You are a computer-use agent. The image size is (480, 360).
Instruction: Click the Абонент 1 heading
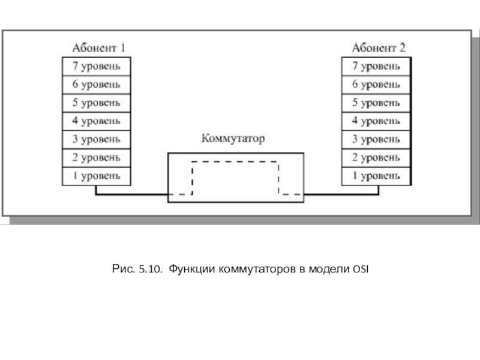[x=98, y=48]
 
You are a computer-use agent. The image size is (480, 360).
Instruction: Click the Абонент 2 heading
[x=379, y=48]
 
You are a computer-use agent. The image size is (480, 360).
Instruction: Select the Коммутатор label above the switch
[x=233, y=139]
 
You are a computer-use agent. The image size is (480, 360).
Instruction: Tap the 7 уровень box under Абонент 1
[x=97, y=66]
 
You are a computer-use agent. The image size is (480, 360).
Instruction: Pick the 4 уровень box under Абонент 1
[x=97, y=121]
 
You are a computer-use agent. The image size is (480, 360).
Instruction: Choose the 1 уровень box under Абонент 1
[x=97, y=176]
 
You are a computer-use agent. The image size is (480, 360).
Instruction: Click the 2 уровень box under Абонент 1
[x=97, y=158]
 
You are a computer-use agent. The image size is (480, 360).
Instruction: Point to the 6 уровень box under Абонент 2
[x=376, y=85]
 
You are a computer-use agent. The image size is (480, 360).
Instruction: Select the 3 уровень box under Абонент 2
[x=376, y=140]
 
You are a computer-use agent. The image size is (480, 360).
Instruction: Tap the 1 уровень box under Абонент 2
[x=376, y=176]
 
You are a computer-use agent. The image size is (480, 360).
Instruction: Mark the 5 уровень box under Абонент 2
[x=376, y=103]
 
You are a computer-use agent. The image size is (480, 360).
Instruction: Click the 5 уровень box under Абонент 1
[x=97, y=103]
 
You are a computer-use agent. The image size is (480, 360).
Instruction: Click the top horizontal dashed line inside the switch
[x=235, y=161]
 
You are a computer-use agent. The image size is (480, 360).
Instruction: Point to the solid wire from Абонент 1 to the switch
[x=132, y=194]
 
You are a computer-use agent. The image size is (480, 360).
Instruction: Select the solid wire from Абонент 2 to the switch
[x=341, y=194]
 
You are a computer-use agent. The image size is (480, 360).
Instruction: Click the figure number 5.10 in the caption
[x=151, y=269]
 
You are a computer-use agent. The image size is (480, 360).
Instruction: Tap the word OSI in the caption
[x=361, y=269]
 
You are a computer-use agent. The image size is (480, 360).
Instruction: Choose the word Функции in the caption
[x=191, y=269]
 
